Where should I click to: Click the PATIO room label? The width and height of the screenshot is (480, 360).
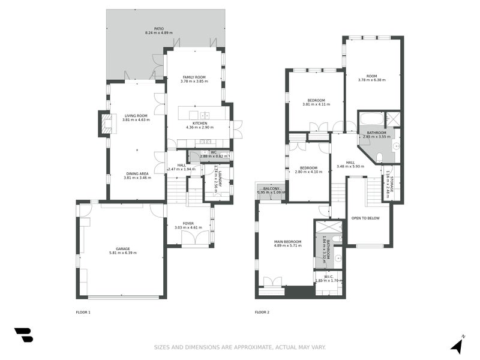(158, 28)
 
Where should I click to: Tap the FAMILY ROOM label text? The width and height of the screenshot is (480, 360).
(193, 77)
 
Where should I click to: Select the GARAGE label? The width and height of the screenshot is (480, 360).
(122, 248)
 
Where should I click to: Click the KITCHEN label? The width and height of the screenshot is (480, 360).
(199, 124)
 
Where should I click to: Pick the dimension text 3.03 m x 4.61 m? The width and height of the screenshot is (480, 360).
(188, 228)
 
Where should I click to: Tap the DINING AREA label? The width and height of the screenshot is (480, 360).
(137, 173)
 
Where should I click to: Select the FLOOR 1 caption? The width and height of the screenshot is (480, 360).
(83, 312)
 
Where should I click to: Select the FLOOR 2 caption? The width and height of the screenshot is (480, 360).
(262, 312)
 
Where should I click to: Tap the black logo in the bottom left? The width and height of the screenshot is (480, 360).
(23, 335)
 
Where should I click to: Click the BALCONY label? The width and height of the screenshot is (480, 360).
(271, 188)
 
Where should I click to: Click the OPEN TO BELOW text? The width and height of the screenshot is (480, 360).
(365, 218)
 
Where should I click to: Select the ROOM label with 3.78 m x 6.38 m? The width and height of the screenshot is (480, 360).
(372, 76)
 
